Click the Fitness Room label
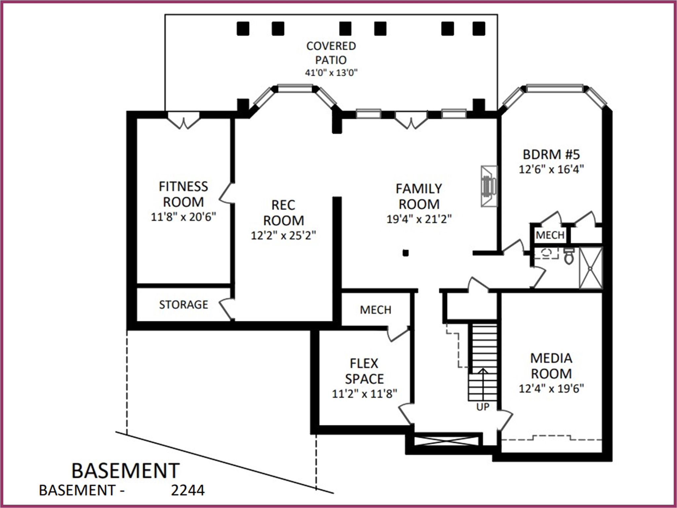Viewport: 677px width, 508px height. [183, 194]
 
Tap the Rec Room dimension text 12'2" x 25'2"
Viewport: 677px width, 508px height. [283, 235]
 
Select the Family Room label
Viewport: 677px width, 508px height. [419, 196]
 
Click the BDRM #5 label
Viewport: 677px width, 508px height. [551, 154]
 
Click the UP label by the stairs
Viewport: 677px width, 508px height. [483, 407]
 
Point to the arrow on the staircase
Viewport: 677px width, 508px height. [483, 384]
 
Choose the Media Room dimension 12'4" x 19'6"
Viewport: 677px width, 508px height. [551, 389]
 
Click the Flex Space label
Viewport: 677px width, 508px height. [364, 371]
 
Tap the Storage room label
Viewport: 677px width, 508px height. [183, 304]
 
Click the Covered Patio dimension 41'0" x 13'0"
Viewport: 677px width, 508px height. [331, 73]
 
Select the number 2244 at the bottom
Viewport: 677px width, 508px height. [188, 491]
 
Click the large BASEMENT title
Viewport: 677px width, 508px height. [126, 470]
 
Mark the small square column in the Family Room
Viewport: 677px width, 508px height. [406, 253]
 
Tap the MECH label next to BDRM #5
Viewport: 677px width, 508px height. [550, 235]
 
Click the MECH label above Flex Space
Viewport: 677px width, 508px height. [376, 310]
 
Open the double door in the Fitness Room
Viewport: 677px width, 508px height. [183, 120]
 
